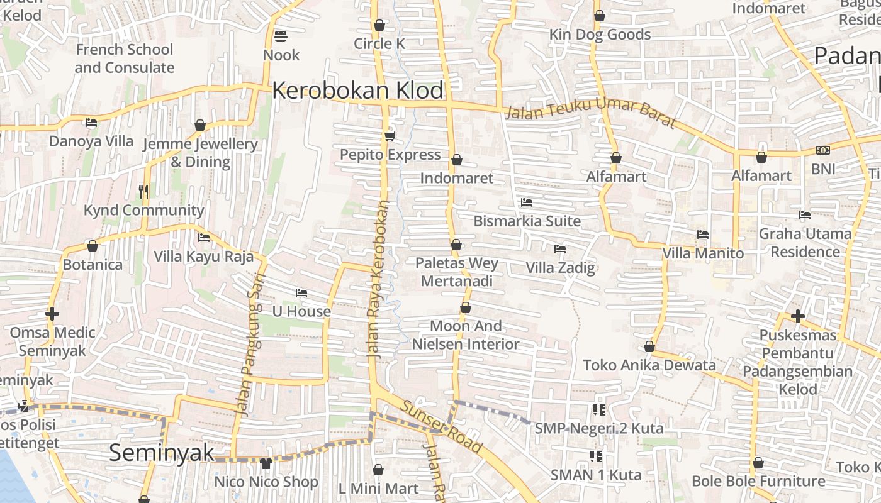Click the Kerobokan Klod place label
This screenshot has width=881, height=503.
[x=358, y=91]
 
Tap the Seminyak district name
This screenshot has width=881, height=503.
[x=162, y=453]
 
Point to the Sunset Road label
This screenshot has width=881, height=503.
[x=442, y=428]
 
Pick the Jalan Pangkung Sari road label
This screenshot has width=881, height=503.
[x=250, y=340]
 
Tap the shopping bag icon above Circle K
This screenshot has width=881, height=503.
[x=379, y=25]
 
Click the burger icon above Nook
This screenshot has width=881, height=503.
[x=281, y=36]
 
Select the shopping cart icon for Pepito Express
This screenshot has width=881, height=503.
[x=390, y=136]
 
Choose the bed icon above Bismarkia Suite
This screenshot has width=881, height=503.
[x=527, y=202]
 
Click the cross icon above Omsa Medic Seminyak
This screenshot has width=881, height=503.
[x=52, y=314]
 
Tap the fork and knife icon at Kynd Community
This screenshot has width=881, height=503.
[x=144, y=191]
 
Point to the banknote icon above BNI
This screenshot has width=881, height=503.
[x=823, y=150]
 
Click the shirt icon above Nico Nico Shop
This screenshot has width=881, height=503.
[x=266, y=463]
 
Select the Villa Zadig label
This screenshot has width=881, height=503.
[x=560, y=268]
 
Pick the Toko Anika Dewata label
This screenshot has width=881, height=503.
[x=649, y=365]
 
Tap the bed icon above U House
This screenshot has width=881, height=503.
[x=301, y=293]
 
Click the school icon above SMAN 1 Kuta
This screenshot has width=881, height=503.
[x=596, y=456]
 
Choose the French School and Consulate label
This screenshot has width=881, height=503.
[x=125, y=58]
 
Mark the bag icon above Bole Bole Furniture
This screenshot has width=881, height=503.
[x=758, y=463]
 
